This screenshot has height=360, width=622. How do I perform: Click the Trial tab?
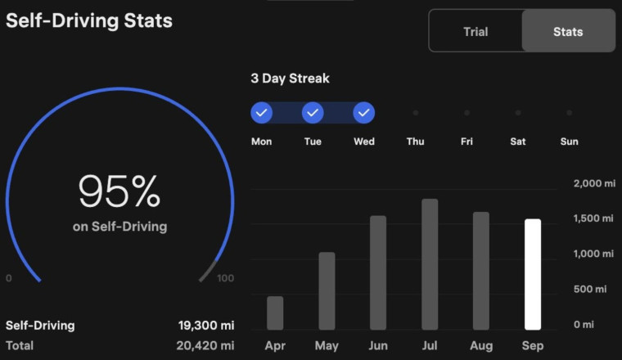[x=475, y=32]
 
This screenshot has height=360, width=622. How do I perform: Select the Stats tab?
[x=568, y=32]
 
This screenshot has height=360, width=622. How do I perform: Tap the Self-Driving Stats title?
[x=89, y=20]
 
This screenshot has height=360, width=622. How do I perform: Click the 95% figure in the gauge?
[x=119, y=192]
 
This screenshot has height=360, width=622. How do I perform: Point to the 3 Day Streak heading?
[x=290, y=79]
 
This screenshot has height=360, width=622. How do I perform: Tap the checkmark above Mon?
[x=262, y=112]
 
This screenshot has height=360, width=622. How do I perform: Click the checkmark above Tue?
[x=313, y=112]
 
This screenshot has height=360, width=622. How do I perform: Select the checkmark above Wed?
[x=364, y=112]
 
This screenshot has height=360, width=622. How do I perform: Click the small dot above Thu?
[x=416, y=113]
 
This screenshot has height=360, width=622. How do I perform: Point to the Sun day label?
[x=569, y=142]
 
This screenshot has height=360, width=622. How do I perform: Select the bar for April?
[x=275, y=313]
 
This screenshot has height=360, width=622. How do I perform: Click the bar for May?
[x=327, y=290]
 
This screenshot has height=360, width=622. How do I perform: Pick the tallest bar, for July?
[x=430, y=264]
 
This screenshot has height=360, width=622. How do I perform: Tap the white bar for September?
[x=533, y=274]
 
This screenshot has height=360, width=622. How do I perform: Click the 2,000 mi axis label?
[x=593, y=183]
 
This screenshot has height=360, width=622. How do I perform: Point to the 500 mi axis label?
[x=590, y=289]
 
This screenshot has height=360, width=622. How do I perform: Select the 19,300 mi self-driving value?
[x=205, y=325]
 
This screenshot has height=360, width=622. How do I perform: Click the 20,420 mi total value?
[x=205, y=345]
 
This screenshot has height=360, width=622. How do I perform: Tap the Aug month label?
[x=481, y=345]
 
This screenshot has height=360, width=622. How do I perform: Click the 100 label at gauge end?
[x=225, y=278]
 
